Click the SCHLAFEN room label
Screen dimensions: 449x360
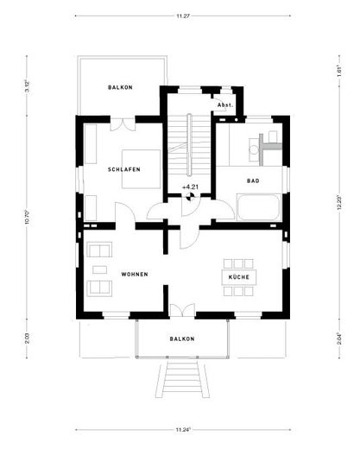(124, 169)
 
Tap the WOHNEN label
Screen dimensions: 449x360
(134, 274)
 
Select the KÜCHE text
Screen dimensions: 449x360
(238, 277)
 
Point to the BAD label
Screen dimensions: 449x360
(253, 181)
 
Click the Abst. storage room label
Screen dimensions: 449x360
(224, 104)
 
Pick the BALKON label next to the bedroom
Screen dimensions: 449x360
(120, 88)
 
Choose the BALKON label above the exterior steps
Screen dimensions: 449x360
(181, 339)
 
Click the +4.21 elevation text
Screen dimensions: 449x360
(189, 187)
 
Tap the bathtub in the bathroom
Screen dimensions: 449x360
(258, 208)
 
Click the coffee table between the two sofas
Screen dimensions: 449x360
(99, 268)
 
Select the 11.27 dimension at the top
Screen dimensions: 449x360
(182, 15)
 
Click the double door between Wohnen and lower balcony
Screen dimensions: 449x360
(181, 310)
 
